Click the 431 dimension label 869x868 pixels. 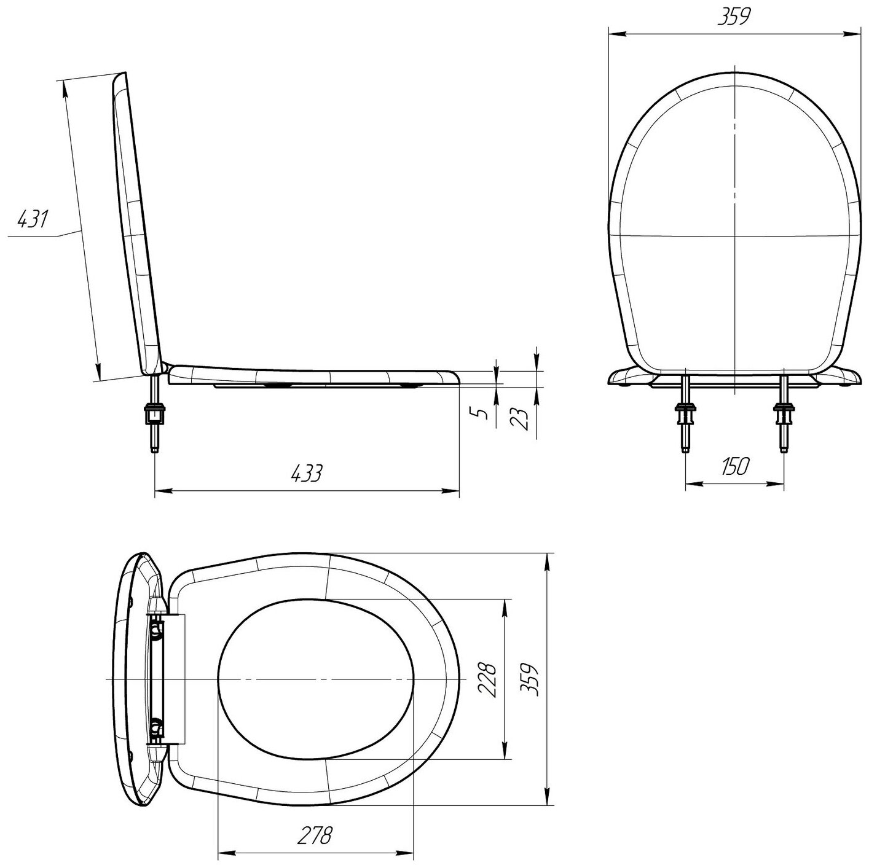(33, 219)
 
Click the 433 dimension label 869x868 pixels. (307, 474)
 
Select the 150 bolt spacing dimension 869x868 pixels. (734, 466)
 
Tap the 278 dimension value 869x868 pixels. (315, 823)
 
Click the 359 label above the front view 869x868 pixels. (734, 17)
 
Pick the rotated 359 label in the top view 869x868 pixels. (530, 679)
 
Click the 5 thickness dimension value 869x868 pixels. (482, 413)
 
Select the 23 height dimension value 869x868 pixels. (521, 419)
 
